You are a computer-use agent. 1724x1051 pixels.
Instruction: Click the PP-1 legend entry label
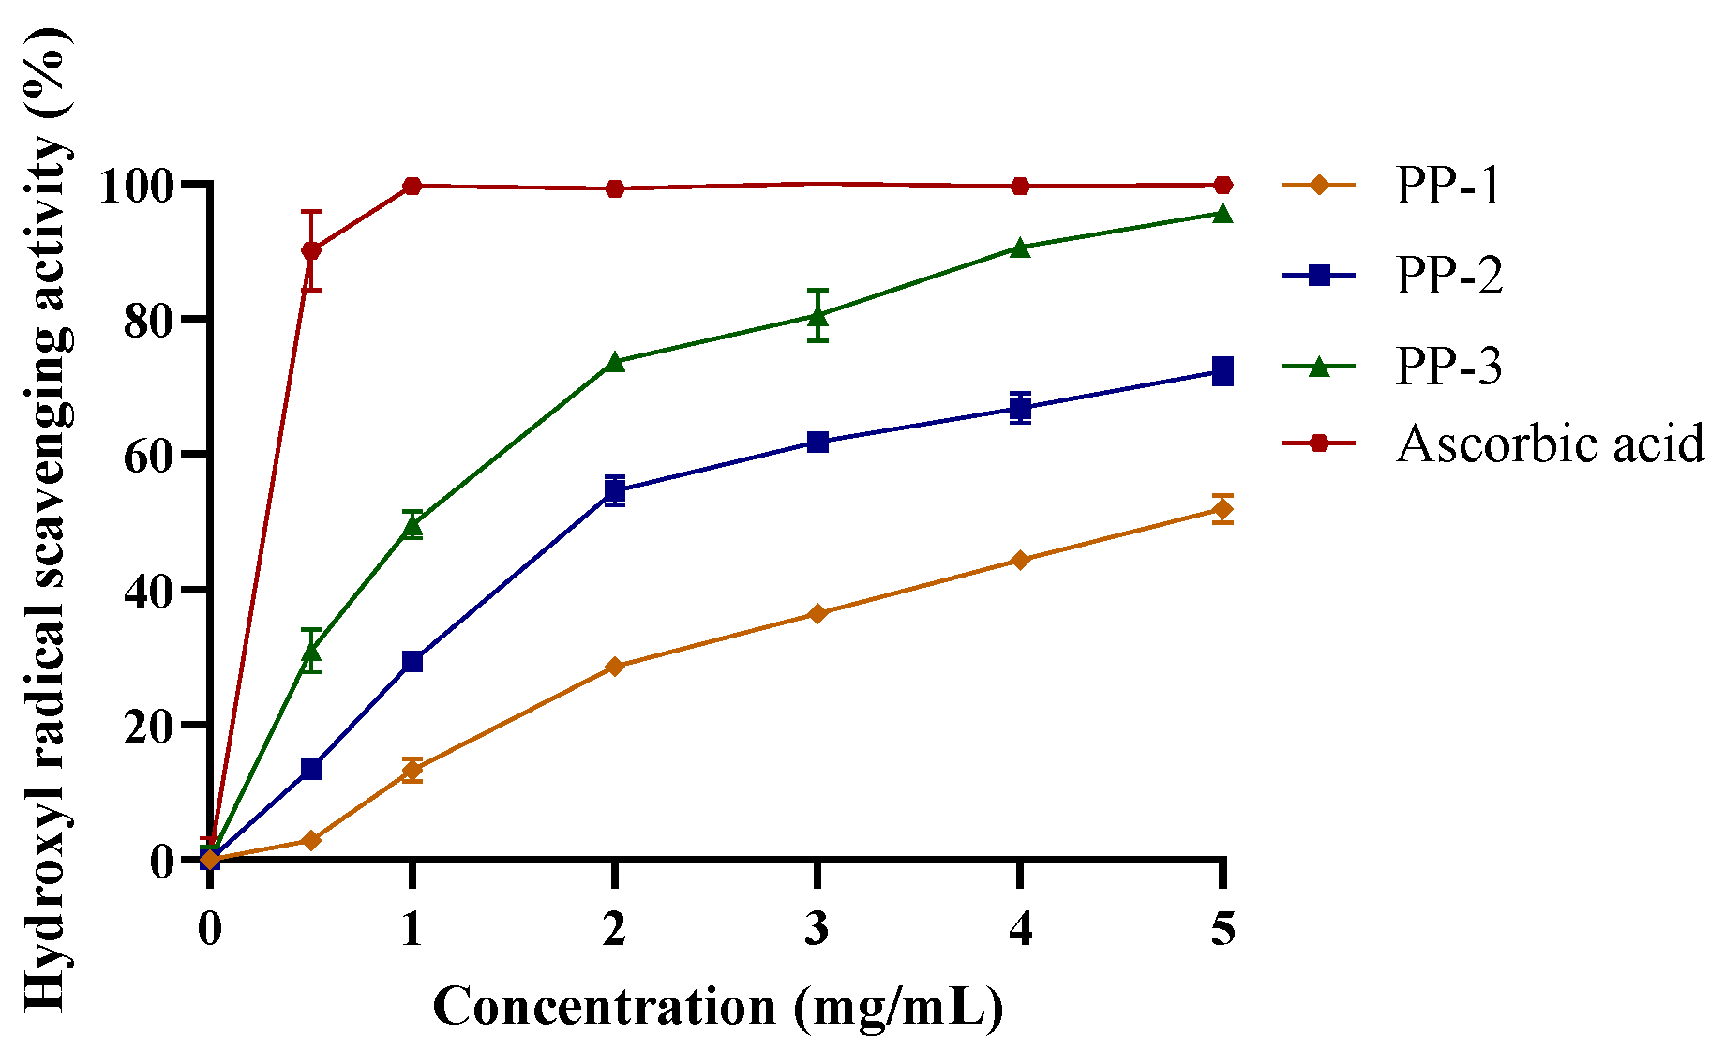tap(1448, 186)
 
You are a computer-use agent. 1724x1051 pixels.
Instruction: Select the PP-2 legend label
tap(1448, 276)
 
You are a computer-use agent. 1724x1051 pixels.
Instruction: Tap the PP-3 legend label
tap(1448, 366)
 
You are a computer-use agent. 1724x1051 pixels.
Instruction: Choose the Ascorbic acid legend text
tap(1550, 443)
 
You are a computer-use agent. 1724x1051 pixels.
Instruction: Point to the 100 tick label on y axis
tap(137, 187)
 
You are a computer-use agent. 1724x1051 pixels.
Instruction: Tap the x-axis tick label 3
tap(817, 928)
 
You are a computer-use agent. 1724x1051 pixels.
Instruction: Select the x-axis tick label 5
tap(1222, 928)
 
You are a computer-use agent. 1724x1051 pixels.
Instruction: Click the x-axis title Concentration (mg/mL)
tap(718, 1008)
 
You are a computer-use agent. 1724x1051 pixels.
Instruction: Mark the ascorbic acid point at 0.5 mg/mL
tap(311, 250)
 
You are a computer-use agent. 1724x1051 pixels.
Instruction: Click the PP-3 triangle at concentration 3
tap(817, 316)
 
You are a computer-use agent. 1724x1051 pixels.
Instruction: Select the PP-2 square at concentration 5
tap(1222, 371)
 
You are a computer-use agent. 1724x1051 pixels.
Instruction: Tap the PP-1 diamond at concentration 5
tap(1222, 509)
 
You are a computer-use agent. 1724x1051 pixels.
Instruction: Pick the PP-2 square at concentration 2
tap(615, 490)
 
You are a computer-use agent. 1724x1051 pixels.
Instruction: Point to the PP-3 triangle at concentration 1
tap(412, 526)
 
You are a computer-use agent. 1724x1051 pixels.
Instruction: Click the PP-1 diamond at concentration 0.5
tap(311, 840)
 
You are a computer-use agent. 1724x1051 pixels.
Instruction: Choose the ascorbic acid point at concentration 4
tap(1020, 186)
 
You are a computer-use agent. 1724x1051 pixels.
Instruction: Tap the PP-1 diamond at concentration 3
tap(817, 614)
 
